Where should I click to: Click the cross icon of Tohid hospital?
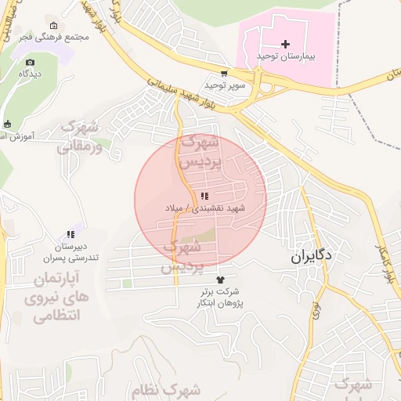[285, 44]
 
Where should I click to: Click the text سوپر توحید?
[226, 84]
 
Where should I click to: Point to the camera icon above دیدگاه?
[30, 62]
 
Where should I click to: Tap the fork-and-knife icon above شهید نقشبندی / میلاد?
[204, 196]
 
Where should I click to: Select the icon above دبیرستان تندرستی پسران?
[70, 233]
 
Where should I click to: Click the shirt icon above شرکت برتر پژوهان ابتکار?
[220, 279]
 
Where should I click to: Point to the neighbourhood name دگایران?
[312, 255]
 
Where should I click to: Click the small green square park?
[127, 284]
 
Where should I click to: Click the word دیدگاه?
[31, 74]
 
